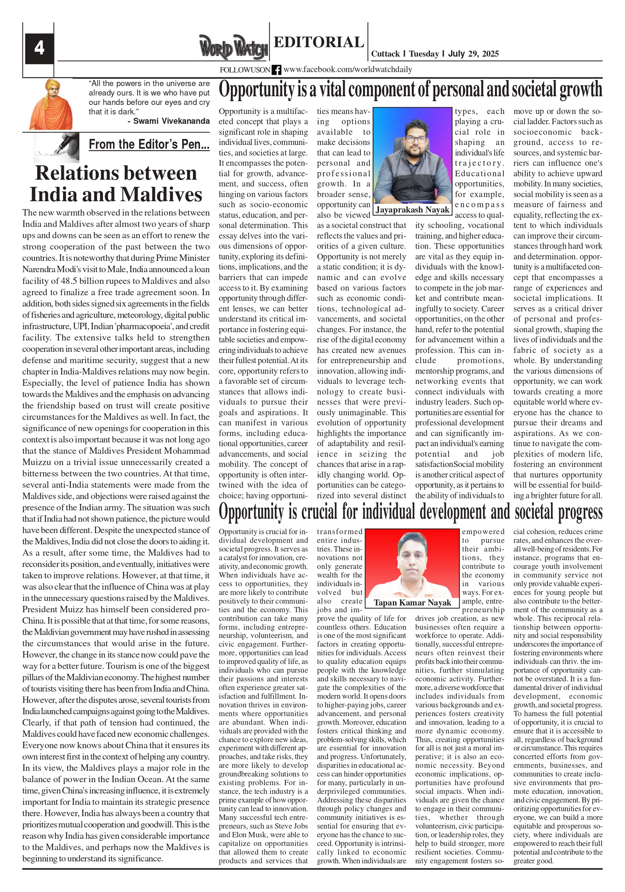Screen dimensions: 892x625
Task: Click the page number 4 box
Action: pyautogui.click(x=39, y=48)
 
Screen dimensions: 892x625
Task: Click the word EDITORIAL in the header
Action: pyautogui.click(x=319, y=42)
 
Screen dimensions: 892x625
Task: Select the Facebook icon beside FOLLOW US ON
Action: pyautogui.click(x=277, y=70)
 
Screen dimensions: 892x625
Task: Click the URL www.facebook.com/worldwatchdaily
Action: pyautogui.click(x=347, y=69)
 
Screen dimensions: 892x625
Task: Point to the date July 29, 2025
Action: pyautogui.click(x=473, y=54)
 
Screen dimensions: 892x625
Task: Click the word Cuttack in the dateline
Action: pyautogui.click(x=385, y=54)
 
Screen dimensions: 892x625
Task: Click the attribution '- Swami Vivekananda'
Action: pyautogui.click(x=169, y=121)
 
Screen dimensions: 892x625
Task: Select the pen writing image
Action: pyautogui.click(x=57, y=147)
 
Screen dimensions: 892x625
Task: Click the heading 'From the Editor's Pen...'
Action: pyautogui.click(x=149, y=144)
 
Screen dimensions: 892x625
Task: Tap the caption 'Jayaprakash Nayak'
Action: pyautogui.click(x=413, y=210)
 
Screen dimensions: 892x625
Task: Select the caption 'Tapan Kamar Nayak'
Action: pyautogui.click(x=412, y=602)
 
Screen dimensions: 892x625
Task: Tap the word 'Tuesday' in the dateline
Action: pyautogui.click(x=424, y=54)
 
